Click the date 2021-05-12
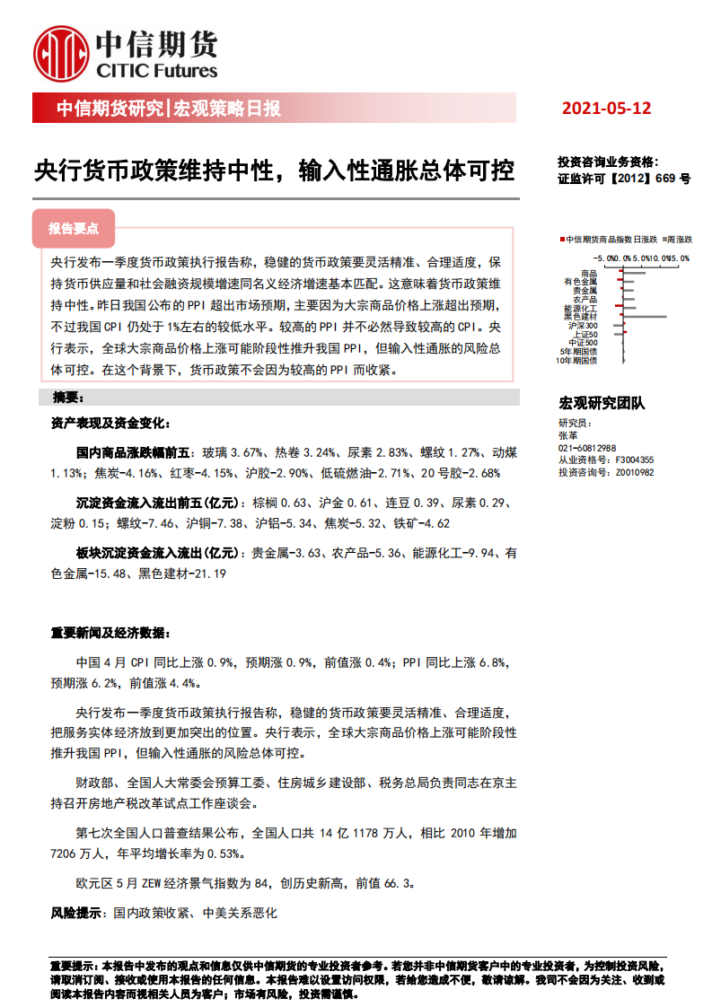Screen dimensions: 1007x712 [606, 109]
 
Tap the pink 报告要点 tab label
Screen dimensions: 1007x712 [74, 229]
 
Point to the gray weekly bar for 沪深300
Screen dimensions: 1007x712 [616, 325]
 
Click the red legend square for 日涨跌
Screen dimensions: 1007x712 [561, 240]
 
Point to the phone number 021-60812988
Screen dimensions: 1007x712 [587, 448]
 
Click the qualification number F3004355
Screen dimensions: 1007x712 [635, 460]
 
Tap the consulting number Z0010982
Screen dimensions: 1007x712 [635, 472]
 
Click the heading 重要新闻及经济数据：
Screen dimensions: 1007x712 [109, 633]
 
